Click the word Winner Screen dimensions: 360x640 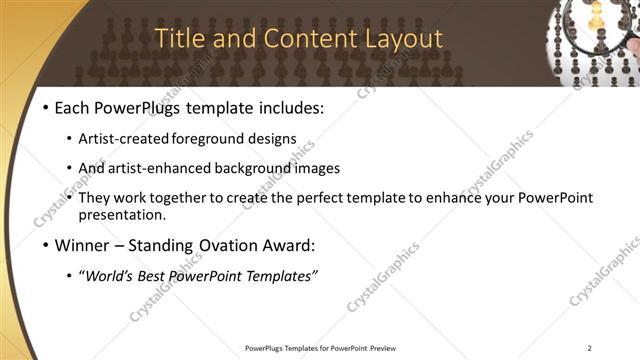pos(81,245)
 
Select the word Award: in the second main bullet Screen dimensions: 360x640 pos(290,245)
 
